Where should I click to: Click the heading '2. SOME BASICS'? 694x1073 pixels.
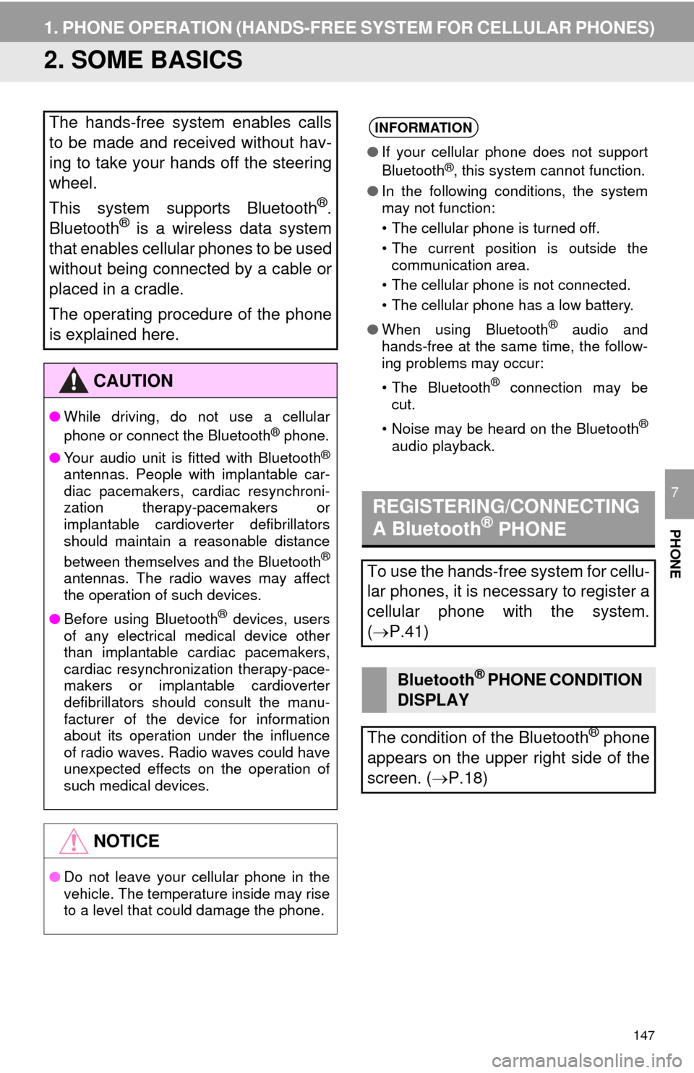tap(142, 60)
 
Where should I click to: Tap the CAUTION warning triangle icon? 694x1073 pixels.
tap(73, 381)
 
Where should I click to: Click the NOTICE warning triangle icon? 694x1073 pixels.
tap(73, 841)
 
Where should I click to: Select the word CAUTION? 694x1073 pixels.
tap(133, 381)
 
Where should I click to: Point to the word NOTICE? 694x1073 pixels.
tap(127, 841)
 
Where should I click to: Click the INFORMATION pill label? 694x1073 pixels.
tap(424, 127)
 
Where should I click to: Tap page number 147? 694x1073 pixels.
tap(643, 1035)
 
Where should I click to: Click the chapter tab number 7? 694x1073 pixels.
tap(674, 492)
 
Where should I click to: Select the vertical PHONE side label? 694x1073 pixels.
tap(674, 554)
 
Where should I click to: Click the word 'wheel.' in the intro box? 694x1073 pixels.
tap(73, 183)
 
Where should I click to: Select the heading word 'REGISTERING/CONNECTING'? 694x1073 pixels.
tap(506, 506)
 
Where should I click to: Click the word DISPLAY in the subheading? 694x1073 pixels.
tap(433, 701)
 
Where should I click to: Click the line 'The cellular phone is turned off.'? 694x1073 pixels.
tap(495, 228)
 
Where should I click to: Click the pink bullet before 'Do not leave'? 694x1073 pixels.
tap(54, 877)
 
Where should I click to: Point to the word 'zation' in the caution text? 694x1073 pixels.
tap(83, 508)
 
